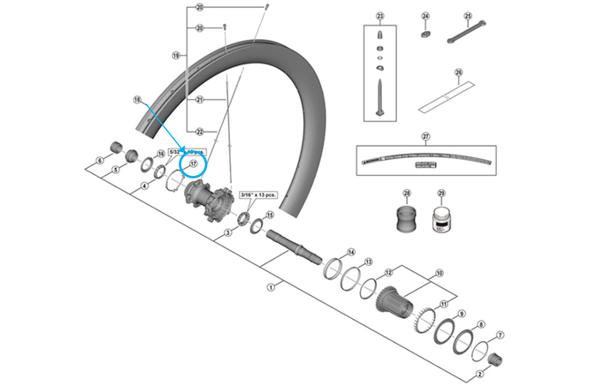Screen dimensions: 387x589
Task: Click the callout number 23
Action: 381,17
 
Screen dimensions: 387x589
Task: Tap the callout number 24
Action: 425,17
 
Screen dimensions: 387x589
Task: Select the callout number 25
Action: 469,17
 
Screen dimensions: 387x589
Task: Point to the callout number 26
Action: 459,73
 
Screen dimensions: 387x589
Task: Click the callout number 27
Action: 425,136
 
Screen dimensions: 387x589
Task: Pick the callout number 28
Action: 408,193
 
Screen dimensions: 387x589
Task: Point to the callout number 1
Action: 272,286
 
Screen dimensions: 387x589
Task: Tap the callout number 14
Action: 350,252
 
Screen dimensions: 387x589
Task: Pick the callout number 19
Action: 177,55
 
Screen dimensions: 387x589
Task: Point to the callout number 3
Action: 228,232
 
